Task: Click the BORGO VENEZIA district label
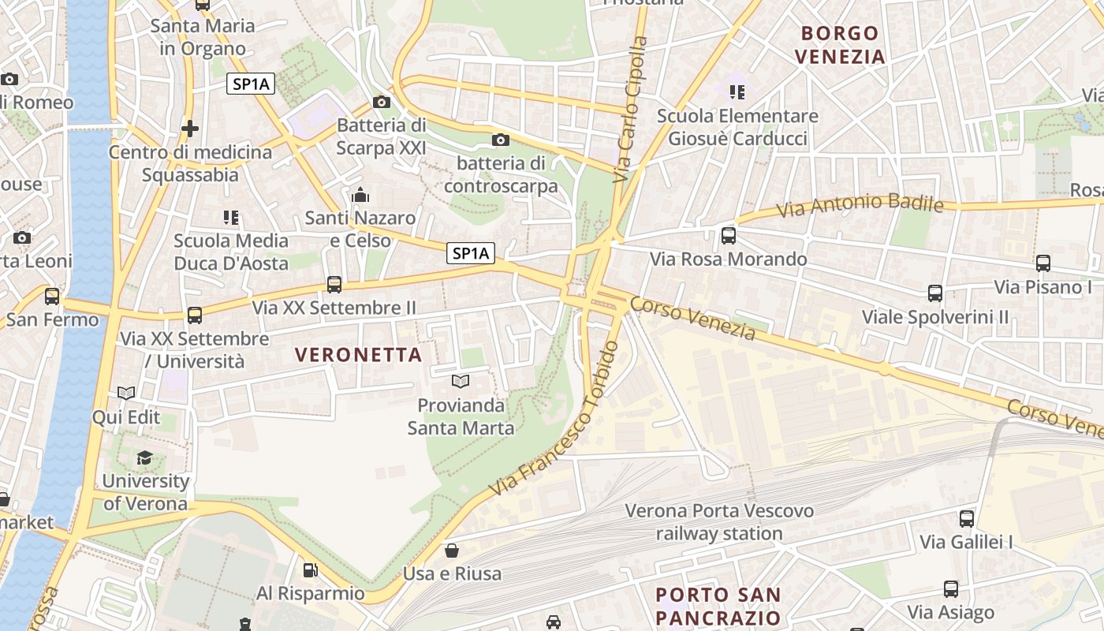[840, 45]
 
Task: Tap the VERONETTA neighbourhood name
[359, 355]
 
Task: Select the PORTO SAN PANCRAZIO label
[718, 606]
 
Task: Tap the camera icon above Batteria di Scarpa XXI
[382, 102]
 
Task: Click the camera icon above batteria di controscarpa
[500, 140]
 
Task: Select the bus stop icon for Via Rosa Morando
[729, 235]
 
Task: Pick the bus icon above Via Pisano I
[1043, 263]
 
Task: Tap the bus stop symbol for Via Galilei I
[967, 518]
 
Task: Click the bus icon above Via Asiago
[951, 589]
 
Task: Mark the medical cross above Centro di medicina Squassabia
[190, 128]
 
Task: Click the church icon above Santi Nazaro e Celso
[360, 194]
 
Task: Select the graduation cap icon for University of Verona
[144, 457]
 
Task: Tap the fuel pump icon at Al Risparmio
[311, 569]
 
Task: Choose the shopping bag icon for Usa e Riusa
[452, 550]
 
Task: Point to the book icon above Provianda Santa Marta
[461, 382]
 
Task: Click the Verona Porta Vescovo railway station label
[719, 522]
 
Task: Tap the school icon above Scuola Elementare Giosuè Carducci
[737, 92]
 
